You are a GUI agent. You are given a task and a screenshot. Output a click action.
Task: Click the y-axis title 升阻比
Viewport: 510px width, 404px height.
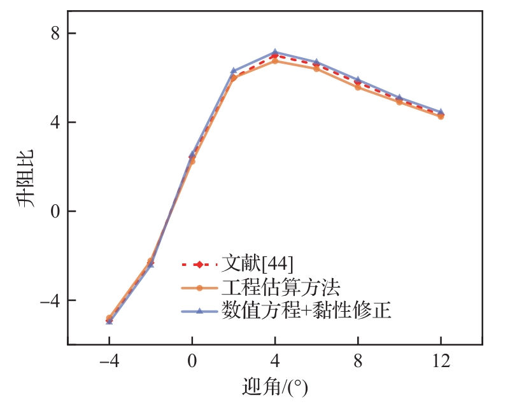click(26, 179)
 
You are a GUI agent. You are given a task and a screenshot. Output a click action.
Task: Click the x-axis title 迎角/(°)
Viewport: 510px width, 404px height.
click(274, 386)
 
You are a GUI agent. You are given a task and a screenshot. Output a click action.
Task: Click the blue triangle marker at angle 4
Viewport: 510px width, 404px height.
click(275, 52)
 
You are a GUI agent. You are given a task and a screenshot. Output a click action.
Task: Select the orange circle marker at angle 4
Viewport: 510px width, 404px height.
click(275, 61)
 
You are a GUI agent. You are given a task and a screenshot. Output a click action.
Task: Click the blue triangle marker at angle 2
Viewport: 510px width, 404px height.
click(234, 71)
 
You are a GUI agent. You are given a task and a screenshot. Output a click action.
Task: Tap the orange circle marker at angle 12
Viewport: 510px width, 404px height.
click(441, 116)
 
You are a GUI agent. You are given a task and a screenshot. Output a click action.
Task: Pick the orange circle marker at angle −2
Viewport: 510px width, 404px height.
click(150, 261)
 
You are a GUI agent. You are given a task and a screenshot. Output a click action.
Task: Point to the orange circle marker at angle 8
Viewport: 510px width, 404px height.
click(358, 87)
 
